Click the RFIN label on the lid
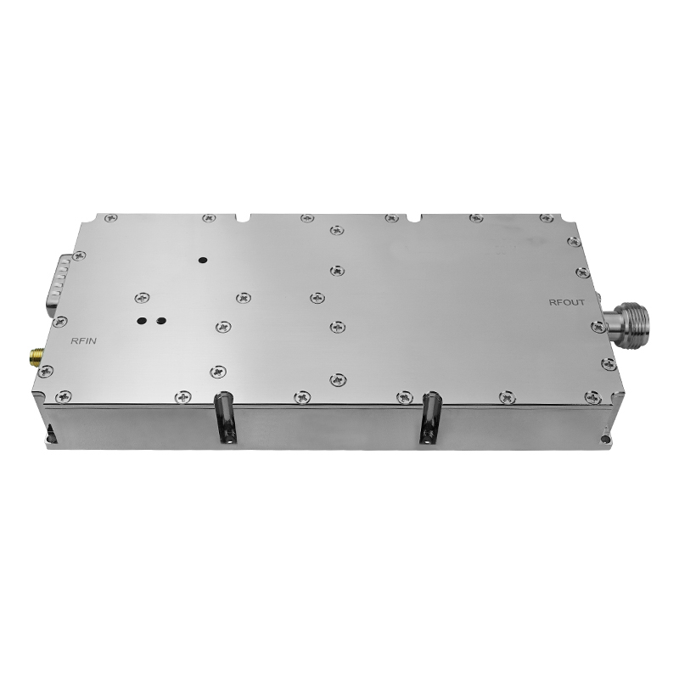[83, 341]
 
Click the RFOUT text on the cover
[566, 303]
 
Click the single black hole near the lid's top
[202, 261]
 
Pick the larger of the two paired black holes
[141, 321]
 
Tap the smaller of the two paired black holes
[161, 321]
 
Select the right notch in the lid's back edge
[415, 216]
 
